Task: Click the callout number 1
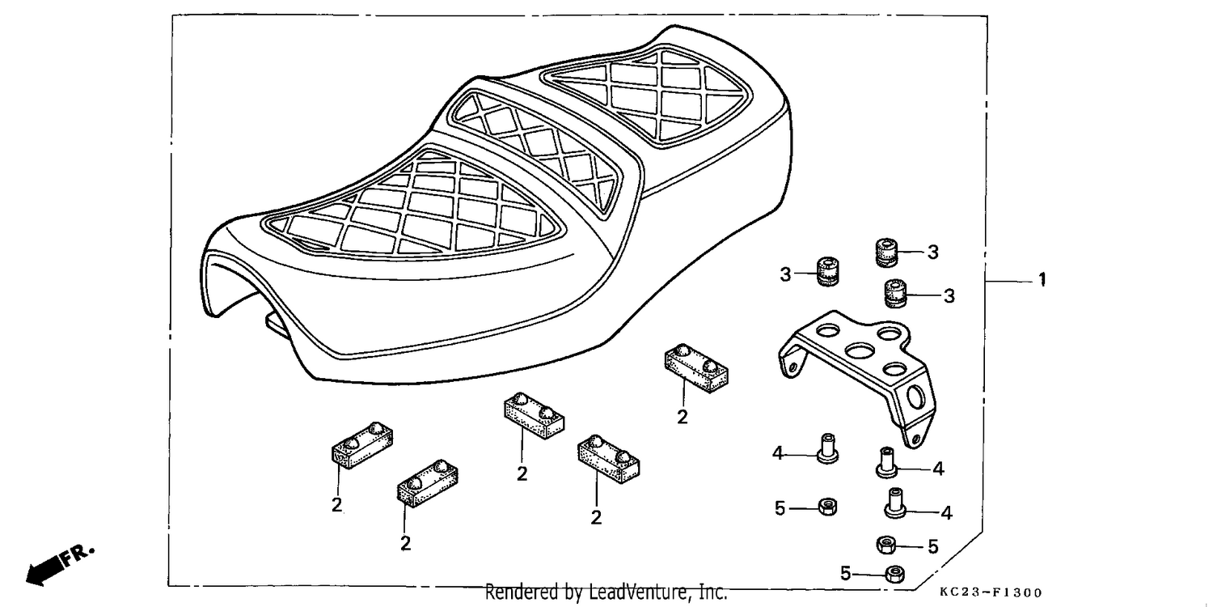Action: click(x=1042, y=280)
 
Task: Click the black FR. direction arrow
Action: click(x=44, y=571)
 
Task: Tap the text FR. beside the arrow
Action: click(x=78, y=555)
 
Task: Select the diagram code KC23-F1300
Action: click(x=991, y=592)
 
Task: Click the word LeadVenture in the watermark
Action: click(x=638, y=592)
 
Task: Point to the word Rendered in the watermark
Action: click(x=522, y=592)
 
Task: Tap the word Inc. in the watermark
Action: click(x=710, y=592)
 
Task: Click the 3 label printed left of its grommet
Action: click(x=785, y=275)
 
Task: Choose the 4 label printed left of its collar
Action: click(x=778, y=453)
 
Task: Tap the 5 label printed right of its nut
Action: click(x=932, y=546)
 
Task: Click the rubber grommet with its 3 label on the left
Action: click(x=828, y=271)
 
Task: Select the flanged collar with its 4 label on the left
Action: click(x=827, y=448)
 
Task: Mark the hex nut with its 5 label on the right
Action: click(x=886, y=544)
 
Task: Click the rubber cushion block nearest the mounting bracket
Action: click(x=696, y=368)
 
